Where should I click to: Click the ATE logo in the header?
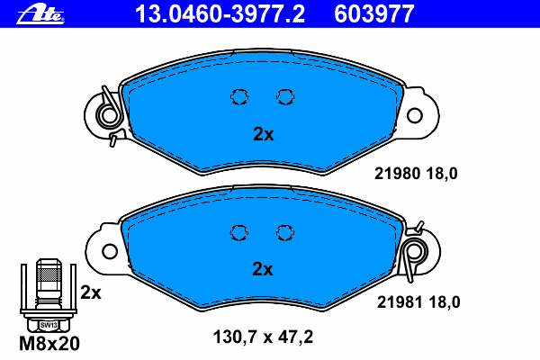coord(40,15)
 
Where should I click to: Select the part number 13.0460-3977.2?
coord(220,14)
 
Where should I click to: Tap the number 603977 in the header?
coord(374,14)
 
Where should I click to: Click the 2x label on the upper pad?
coord(264,134)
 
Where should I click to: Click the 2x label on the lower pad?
coord(263,269)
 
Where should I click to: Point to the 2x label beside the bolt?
coord(91,292)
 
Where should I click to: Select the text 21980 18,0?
coord(416,174)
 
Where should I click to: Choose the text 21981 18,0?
coord(418,302)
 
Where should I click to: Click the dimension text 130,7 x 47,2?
coord(263,337)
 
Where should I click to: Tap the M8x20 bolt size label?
coord(49,344)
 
